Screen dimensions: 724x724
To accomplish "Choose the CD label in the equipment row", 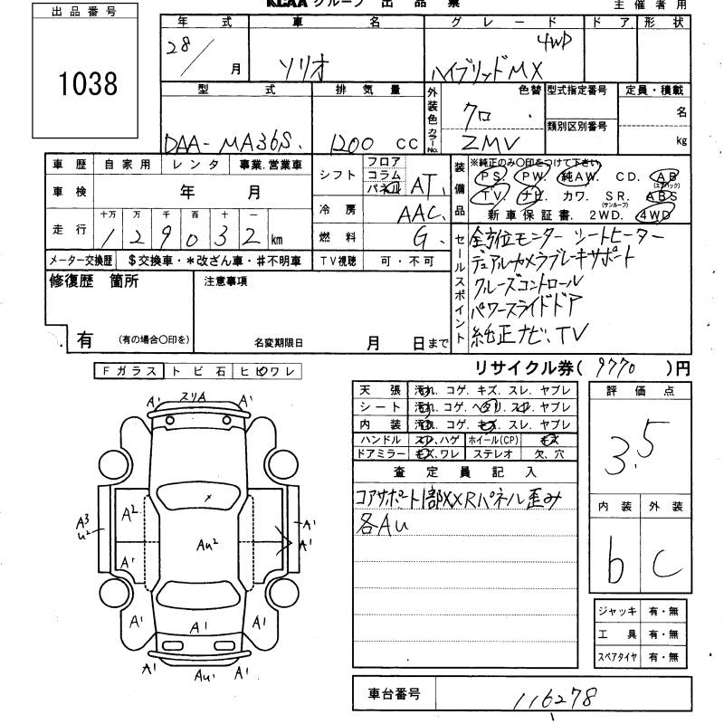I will click(x=627, y=176).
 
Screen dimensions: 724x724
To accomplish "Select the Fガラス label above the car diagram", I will click(x=128, y=371).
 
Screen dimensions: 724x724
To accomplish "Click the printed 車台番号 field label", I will click(x=394, y=694).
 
